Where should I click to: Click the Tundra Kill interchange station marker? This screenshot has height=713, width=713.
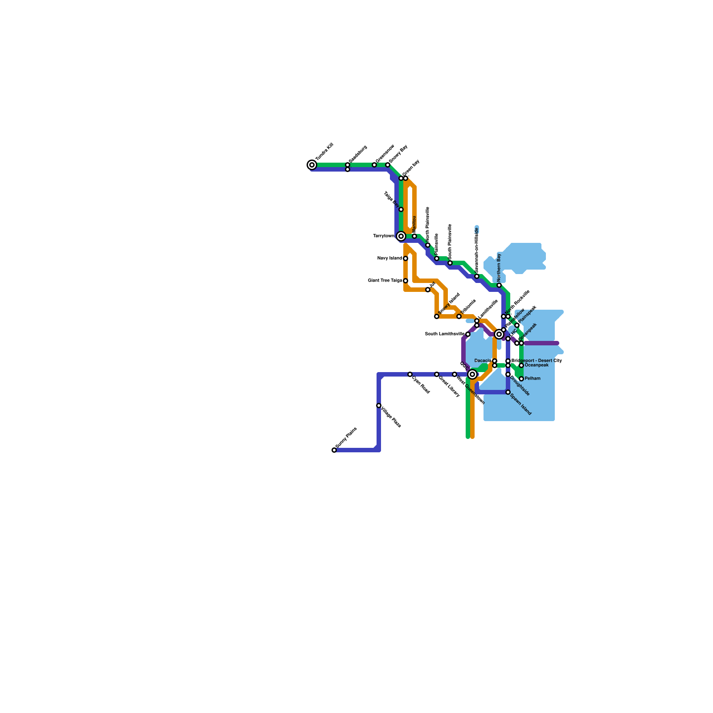point(312,165)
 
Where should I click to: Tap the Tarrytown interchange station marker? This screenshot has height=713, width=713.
point(401,236)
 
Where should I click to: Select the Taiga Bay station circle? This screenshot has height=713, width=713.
point(401,209)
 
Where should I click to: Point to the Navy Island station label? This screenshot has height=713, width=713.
point(389,258)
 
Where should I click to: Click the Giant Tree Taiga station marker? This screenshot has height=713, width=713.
point(406,281)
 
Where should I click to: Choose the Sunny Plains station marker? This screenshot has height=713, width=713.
point(334,450)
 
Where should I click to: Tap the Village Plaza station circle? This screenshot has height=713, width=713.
point(379,406)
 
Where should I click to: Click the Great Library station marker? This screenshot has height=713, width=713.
point(437,374)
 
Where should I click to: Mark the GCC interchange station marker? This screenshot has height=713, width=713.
point(472,374)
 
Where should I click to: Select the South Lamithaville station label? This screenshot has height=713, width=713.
point(444,334)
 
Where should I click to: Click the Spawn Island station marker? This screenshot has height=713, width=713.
point(508,392)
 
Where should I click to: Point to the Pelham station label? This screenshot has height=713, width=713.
point(533,379)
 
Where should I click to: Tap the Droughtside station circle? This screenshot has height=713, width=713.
point(508,374)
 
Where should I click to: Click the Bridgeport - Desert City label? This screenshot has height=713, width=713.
point(537,361)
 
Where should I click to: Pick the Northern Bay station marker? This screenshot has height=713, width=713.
point(499,285)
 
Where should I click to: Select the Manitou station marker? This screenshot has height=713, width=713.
point(414,236)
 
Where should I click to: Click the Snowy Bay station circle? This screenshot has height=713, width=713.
point(388,165)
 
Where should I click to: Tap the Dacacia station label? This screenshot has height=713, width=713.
point(483,361)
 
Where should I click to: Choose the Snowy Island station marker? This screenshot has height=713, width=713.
point(437,316)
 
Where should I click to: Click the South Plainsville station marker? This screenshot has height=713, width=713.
point(450,263)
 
